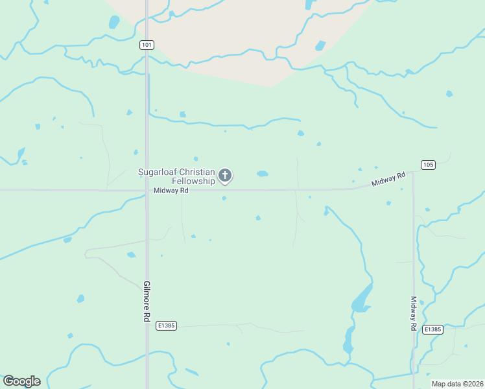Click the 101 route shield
tap(147, 45)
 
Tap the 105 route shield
tap(427, 165)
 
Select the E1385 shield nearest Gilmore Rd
tap(167, 325)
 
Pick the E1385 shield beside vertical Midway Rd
tap(432, 329)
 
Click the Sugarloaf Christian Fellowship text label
tap(176, 176)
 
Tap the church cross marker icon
tap(225, 175)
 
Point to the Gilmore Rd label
tap(147, 301)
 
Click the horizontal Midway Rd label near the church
tap(171, 191)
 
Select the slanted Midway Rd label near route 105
tap(388, 180)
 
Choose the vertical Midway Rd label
tap(413, 314)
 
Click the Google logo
tap(21, 381)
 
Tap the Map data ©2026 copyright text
tap(456, 384)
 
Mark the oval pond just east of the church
tap(262, 174)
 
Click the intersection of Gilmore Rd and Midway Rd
tap(147, 191)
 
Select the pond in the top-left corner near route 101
tap(115, 22)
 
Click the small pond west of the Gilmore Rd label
tap(80, 299)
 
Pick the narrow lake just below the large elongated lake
tap(349, 339)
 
